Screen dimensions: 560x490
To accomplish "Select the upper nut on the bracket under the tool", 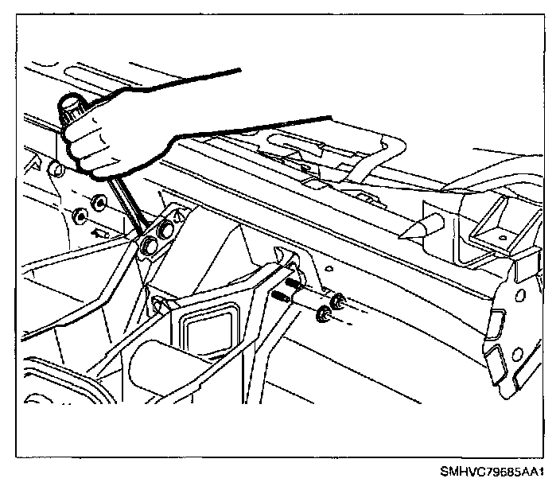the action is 168,231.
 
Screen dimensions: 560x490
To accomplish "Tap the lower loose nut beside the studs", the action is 324,314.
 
